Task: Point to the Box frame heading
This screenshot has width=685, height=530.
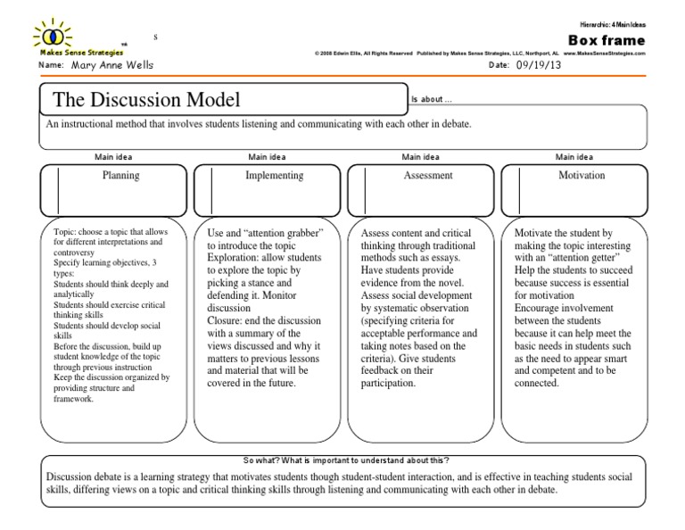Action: click(607, 41)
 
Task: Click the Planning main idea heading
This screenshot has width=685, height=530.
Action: click(121, 176)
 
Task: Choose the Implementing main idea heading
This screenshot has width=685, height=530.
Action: click(274, 176)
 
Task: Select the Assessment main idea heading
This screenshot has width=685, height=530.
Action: click(428, 176)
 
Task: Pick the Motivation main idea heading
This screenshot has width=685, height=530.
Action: click(582, 176)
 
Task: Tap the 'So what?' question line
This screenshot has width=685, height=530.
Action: click(345, 460)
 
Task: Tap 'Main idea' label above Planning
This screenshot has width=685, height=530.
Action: click(114, 157)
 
